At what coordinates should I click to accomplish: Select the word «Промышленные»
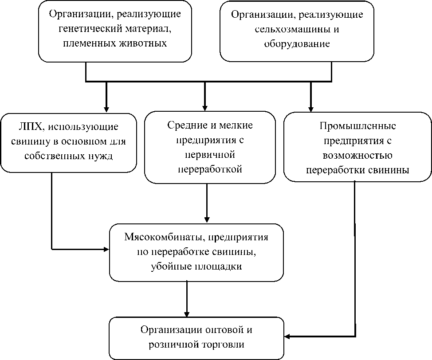[x=357, y=126]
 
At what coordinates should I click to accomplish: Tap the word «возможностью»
[x=357, y=155]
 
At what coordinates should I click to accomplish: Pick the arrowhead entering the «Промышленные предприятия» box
[x=310, y=108]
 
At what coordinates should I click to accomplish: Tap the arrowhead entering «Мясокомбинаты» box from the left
[x=106, y=249]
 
